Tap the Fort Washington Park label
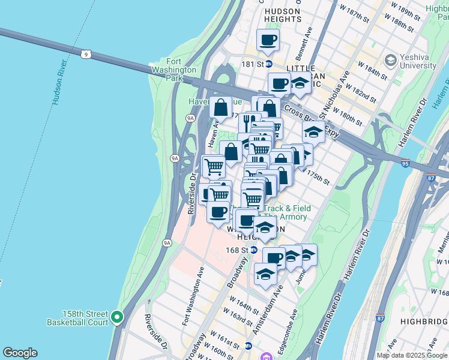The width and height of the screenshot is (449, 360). pos(182,70)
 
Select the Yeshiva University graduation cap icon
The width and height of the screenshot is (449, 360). pos(391,60)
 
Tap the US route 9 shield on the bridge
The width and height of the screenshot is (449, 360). pos(88,54)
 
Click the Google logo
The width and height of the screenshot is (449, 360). pos(20,353)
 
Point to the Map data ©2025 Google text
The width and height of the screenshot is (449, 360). pos(412,355)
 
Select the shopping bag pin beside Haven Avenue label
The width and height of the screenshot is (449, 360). pos(221,107)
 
